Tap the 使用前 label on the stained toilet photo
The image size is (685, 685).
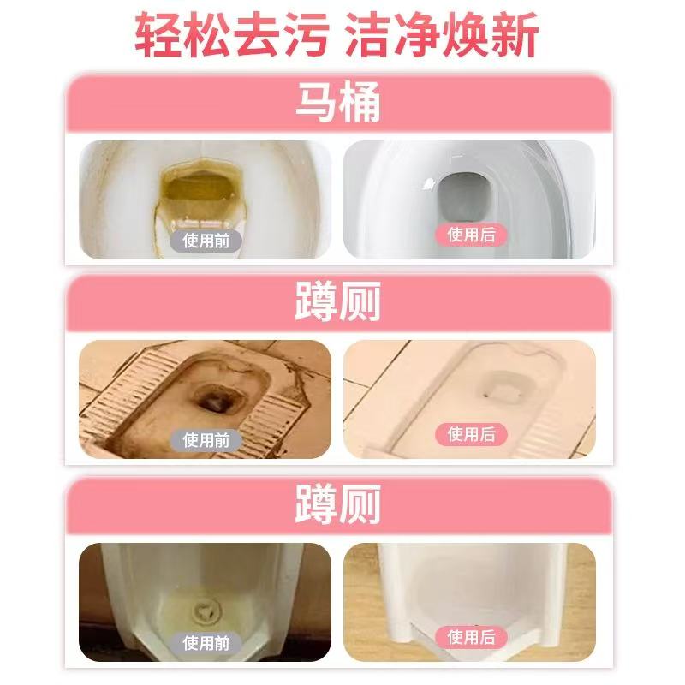205,240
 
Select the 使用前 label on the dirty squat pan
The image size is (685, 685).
205,440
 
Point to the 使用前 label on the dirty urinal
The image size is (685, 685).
205,643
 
